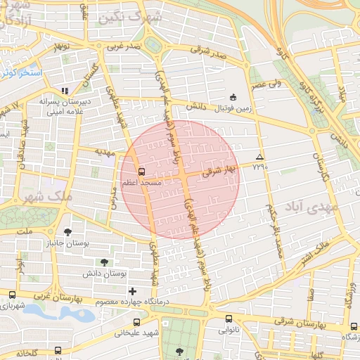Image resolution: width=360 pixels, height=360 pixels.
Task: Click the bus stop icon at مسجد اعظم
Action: tap(142, 171)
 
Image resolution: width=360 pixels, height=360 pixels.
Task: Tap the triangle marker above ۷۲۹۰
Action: tap(260, 157)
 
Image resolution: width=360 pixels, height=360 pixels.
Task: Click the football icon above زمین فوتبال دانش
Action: tap(233, 97)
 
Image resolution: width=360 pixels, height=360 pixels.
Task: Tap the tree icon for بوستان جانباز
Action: tap(67, 232)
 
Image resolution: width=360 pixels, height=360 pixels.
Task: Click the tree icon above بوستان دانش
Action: tap(104, 262)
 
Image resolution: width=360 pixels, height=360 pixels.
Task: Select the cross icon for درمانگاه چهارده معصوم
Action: tap(131, 290)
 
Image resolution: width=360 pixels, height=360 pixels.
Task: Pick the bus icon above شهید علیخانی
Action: tap(136, 322)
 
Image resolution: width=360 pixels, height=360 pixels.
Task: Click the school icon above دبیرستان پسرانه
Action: tap(65, 91)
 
